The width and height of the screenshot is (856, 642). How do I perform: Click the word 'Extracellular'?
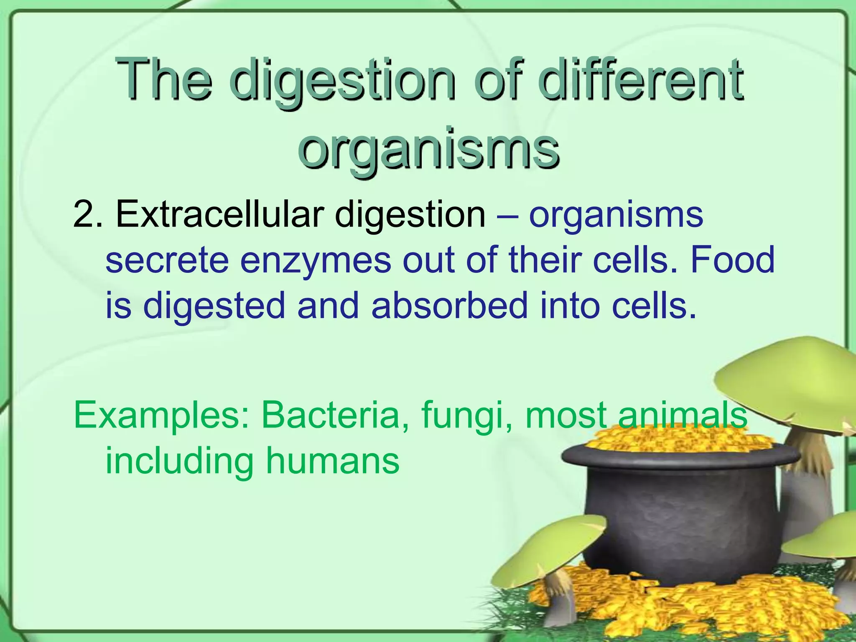point(220,214)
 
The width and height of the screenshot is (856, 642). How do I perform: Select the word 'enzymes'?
point(316,260)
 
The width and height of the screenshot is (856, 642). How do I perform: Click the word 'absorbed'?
point(449,305)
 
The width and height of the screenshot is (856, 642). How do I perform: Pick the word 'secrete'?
point(167,260)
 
